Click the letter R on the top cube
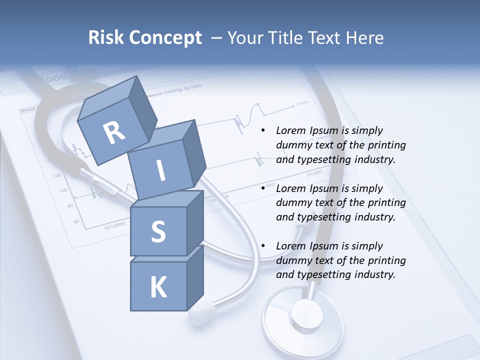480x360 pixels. pyautogui.click(x=114, y=133)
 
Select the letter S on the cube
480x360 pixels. pyautogui.click(x=158, y=232)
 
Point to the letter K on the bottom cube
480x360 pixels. pyautogui.click(x=158, y=287)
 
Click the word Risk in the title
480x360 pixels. pyautogui.click(x=105, y=37)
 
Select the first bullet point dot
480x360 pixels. pyautogui.click(x=263, y=131)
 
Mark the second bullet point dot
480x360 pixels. pyautogui.click(x=263, y=189)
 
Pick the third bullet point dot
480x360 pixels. pyautogui.click(x=263, y=246)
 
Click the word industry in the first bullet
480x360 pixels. pyautogui.click(x=375, y=159)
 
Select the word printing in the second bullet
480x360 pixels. pyautogui.click(x=386, y=203)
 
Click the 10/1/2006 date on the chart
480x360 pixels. pyautogui.click(x=115, y=226)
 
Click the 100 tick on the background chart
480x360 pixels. pyautogui.click(x=63, y=190)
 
